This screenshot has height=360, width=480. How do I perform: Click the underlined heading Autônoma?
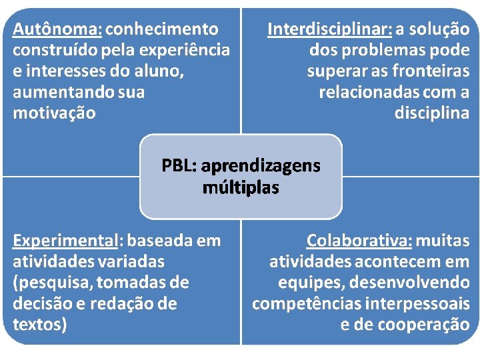(57, 29)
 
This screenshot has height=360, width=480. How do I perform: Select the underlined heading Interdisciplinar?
(329, 29)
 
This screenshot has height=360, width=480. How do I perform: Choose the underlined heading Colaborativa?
(359, 240)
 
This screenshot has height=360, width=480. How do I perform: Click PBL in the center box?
(179, 165)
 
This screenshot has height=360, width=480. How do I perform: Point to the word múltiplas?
(241, 188)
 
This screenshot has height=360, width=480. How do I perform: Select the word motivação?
(54, 113)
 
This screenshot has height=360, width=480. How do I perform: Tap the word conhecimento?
(162, 29)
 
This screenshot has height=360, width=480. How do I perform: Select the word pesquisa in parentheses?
(54, 282)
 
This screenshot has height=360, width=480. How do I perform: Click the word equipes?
(309, 282)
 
